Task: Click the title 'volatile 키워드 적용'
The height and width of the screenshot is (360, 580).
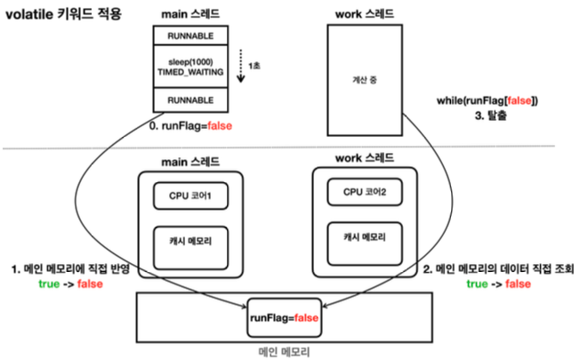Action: pos(63,14)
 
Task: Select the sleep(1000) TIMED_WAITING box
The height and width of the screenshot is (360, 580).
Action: pos(190,67)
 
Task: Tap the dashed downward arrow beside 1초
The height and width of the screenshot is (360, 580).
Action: pos(241,66)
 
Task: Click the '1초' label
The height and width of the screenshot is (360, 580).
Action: pos(254,66)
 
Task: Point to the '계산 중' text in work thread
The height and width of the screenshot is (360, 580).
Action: pos(365,80)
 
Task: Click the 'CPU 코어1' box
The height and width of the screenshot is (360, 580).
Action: pos(190,196)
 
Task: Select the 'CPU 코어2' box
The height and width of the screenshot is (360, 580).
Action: pos(365,192)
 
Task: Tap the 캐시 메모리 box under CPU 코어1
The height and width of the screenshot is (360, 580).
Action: pos(190,248)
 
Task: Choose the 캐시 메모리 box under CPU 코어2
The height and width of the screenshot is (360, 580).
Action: pos(365,244)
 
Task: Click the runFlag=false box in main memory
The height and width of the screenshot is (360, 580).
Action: pos(284,318)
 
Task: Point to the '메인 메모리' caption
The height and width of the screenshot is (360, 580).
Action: pos(284,352)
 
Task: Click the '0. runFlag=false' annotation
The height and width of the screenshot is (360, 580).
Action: pos(190,126)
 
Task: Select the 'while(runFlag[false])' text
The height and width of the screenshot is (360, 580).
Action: pos(487,100)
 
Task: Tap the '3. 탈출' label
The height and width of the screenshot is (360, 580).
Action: pos(490,116)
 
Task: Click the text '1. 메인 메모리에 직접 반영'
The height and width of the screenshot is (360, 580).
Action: pos(70,268)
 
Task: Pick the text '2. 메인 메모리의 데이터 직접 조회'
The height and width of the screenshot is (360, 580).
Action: pos(499,268)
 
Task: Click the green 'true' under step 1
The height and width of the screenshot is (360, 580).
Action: pos(49,284)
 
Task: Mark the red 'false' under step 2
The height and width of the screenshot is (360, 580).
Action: pos(518,284)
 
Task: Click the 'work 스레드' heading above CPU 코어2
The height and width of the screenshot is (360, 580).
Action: pos(365,158)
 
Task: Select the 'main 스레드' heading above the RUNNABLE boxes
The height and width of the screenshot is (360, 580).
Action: pos(190,14)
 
